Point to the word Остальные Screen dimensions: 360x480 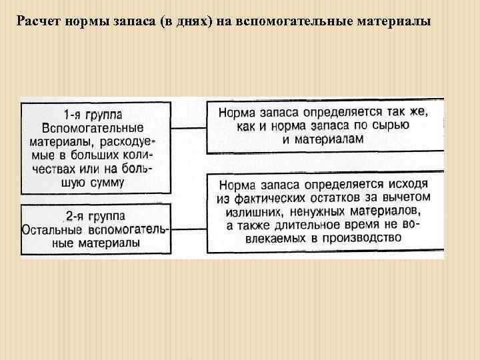51,229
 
